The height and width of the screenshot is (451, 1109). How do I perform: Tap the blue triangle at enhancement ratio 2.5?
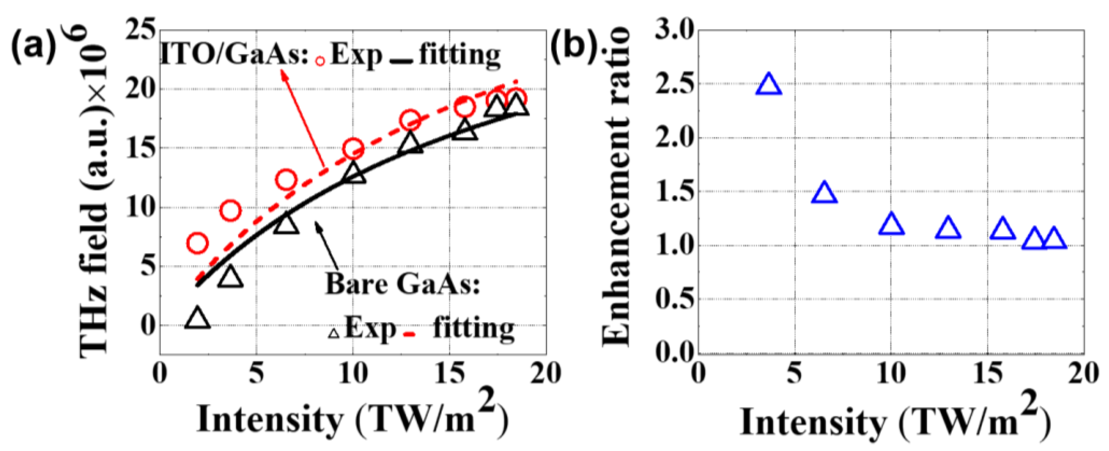point(769,84)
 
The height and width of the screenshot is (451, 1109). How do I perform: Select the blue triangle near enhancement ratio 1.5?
point(824,193)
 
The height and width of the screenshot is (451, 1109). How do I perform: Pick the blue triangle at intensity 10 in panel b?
point(891,224)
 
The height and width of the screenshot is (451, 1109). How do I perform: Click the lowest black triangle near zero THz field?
point(197,319)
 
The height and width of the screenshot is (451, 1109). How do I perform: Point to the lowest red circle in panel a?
point(198,243)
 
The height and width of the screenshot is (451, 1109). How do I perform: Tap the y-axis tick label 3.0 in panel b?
point(674,31)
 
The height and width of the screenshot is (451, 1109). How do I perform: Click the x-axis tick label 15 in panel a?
point(449,373)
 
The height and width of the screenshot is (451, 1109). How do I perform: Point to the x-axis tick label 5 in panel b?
point(794,373)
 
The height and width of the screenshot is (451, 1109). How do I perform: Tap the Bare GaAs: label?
point(402,284)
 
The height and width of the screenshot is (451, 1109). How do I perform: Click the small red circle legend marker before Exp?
point(320,61)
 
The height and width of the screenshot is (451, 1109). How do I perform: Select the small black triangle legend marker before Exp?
point(334,333)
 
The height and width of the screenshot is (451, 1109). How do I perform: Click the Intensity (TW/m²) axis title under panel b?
point(896,422)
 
